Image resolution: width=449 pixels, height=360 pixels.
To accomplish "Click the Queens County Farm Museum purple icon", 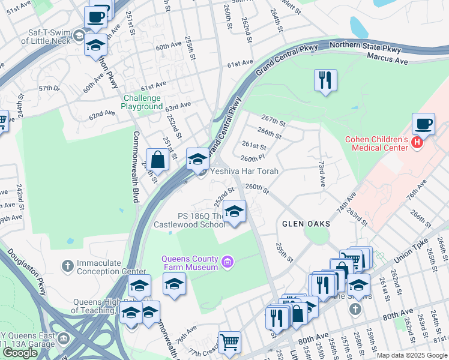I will (x=227, y=262).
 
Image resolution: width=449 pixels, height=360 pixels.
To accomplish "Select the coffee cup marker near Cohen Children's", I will (x=423, y=124).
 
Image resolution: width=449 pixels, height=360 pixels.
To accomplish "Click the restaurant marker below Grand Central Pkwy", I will (x=325, y=80).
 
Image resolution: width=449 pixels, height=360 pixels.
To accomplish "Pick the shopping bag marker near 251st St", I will (x=157, y=160).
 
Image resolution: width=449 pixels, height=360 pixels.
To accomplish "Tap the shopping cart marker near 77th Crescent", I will (x=229, y=343).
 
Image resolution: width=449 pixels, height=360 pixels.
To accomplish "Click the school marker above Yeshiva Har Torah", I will (x=197, y=159).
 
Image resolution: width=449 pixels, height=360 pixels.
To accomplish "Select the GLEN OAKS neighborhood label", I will (x=306, y=224).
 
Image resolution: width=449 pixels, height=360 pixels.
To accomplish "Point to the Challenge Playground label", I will (x=142, y=103).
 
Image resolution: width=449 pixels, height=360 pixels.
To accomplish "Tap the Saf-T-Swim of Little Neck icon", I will (x=78, y=37).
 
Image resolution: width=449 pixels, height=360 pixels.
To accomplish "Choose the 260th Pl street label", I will (x=253, y=158).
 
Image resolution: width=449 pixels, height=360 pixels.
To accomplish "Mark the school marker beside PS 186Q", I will (x=234, y=211).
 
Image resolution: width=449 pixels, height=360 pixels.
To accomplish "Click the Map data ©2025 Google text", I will (x=411, y=355).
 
